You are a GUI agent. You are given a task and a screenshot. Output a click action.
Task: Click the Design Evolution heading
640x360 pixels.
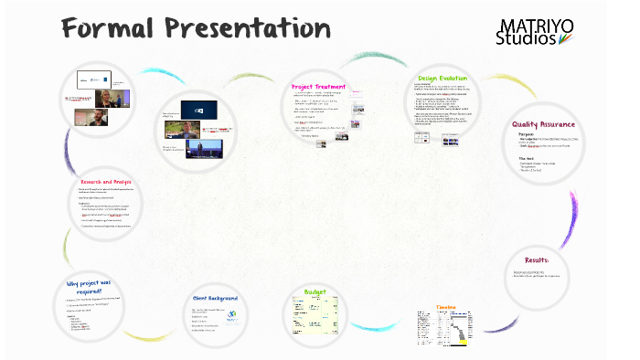tap(443, 79)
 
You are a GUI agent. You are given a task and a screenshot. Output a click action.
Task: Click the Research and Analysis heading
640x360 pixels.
tap(106, 182)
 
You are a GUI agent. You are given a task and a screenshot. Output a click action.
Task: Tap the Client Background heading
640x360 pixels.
tap(216, 298)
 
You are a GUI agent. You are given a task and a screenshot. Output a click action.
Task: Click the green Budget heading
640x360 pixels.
tap(315, 292)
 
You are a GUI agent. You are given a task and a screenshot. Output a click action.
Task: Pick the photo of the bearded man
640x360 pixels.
tap(91, 117)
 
